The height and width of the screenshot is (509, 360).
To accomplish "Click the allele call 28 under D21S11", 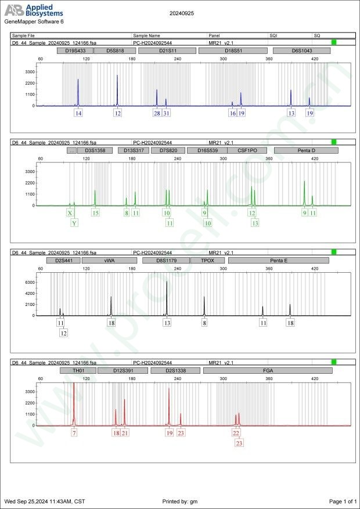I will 157,113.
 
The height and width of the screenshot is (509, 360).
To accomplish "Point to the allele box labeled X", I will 70,213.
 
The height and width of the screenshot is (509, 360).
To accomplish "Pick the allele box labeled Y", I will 74,223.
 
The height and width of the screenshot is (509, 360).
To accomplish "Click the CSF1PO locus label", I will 247,150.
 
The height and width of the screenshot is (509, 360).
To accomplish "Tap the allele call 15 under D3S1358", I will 96,213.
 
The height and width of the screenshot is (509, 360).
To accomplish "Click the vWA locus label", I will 109,261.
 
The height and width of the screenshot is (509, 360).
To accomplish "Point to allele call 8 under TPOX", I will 204,322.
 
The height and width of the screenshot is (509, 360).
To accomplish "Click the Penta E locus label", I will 279,261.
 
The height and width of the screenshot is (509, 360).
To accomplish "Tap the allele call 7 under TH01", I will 74,433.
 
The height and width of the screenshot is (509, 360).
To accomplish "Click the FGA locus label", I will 268,370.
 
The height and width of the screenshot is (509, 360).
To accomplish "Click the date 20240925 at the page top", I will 181,12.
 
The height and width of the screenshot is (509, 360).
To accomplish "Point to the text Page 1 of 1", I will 343,501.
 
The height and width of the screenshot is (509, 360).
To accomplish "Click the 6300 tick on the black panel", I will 30,282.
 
